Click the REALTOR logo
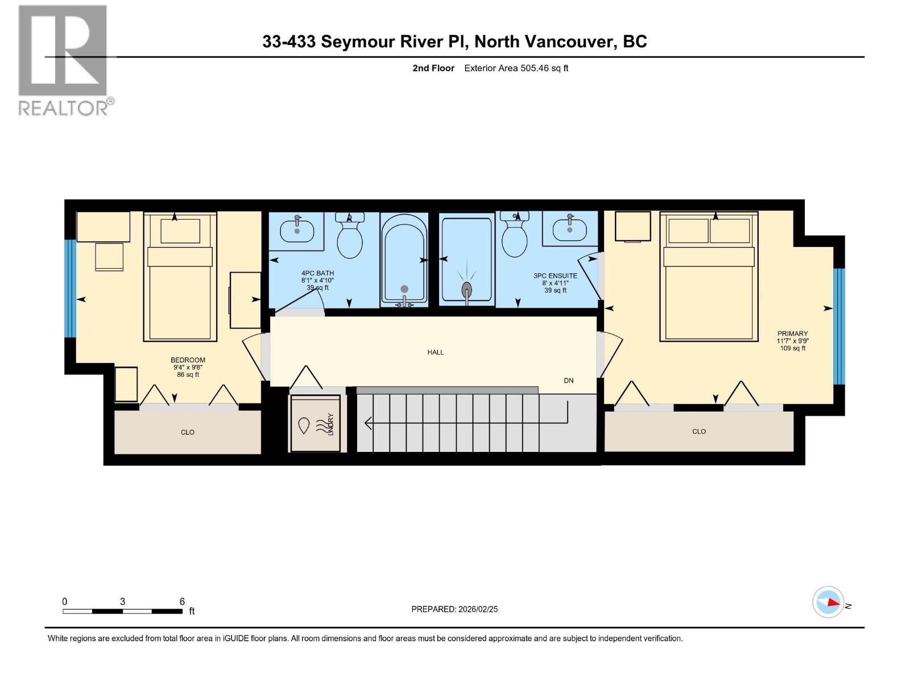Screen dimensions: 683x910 click(63, 59)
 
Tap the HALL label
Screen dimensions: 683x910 click(436, 352)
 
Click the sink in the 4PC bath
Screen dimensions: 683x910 click(297, 231)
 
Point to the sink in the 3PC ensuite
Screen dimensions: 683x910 click(569, 229)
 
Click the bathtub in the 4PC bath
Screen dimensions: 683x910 click(404, 260)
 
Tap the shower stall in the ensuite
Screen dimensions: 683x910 click(466, 260)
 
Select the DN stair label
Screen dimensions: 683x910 click(568, 381)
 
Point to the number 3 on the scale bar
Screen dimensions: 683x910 click(122, 602)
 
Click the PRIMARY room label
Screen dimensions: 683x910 click(792, 334)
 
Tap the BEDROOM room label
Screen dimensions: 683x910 click(188, 360)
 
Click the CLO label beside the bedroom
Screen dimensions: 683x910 click(188, 433)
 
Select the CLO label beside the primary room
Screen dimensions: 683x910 click(699, 431)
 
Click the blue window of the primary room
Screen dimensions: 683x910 click(839, 326)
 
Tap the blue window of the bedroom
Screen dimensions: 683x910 click(70, 289)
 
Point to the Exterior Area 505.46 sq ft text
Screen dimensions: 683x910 click(516, 68)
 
